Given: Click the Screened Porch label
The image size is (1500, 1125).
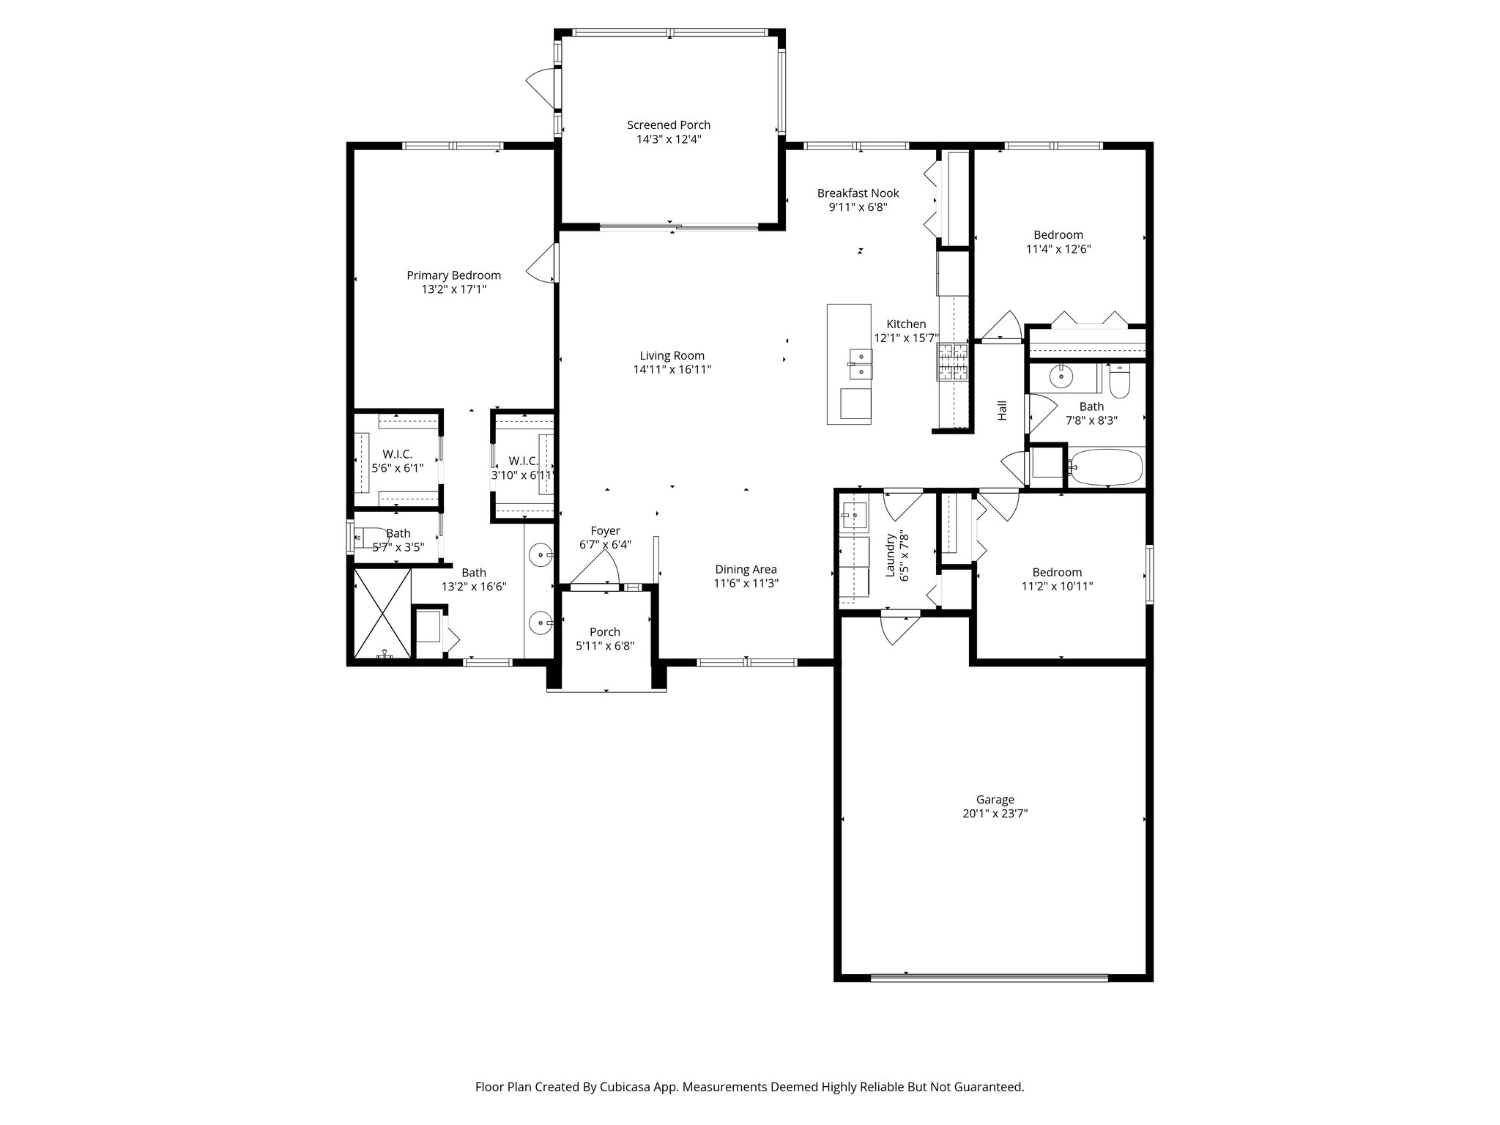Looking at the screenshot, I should tap(668, 125).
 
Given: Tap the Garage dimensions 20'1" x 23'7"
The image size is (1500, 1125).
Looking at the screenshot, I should tap(995, 814).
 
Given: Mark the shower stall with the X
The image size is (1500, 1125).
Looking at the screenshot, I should tap(382, 614).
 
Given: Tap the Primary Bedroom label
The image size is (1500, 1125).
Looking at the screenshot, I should tap(453, 275).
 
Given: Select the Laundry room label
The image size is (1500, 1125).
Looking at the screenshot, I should tap(891, 554).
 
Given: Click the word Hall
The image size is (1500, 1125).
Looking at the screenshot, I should tap(1002, 410).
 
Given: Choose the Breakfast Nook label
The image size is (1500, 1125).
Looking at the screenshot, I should tap(858, 193).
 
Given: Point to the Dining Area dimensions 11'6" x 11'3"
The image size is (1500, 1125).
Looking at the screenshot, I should tap(746, 584).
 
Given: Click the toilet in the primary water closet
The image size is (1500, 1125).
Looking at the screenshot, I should tap(365, 537).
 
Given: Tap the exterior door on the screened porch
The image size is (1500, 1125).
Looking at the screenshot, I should tap(540, 87).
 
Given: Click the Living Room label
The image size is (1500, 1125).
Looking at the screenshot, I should tap(672, 356).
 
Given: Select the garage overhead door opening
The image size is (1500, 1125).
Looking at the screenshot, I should tap(989, 977).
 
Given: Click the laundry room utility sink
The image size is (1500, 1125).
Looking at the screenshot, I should tap(853, 514).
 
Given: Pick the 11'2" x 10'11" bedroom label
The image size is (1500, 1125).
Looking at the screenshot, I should tap(1057, 573).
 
